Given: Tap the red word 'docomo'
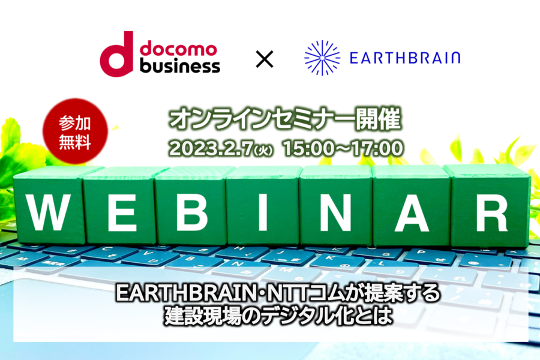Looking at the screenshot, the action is click(178, 49).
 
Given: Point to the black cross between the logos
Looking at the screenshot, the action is click(265, 59).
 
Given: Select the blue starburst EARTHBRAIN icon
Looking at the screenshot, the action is click(322, 58).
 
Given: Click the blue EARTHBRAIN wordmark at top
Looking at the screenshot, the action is click(405, 58).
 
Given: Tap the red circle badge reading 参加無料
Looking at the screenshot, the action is click(75, 131).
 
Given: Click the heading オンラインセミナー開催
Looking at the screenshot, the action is click(286, 119).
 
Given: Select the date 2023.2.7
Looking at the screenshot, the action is click(211, 149).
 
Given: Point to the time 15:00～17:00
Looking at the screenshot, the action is click(343, 149).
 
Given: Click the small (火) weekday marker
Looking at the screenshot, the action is click(263, 151).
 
